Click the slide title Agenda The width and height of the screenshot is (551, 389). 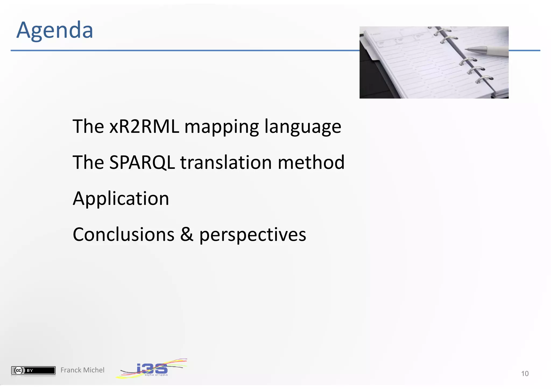[x=55, y=30]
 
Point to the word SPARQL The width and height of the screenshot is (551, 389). [x=142, y=163]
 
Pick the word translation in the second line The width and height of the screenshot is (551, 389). [x=226, y=163]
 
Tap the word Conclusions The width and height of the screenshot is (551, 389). [x=123, y=234]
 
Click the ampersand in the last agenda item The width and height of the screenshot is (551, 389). [x=187, y=234]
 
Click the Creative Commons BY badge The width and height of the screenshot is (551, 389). [x=33, y=370]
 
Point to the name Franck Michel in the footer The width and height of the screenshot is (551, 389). [x=82, y=370]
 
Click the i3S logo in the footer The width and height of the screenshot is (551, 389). [x=152, y=369]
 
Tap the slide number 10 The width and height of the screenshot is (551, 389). [x=525, y=374]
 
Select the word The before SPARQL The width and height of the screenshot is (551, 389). [x=88, y=163]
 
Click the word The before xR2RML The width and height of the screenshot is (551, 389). [x=88, y=126]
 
